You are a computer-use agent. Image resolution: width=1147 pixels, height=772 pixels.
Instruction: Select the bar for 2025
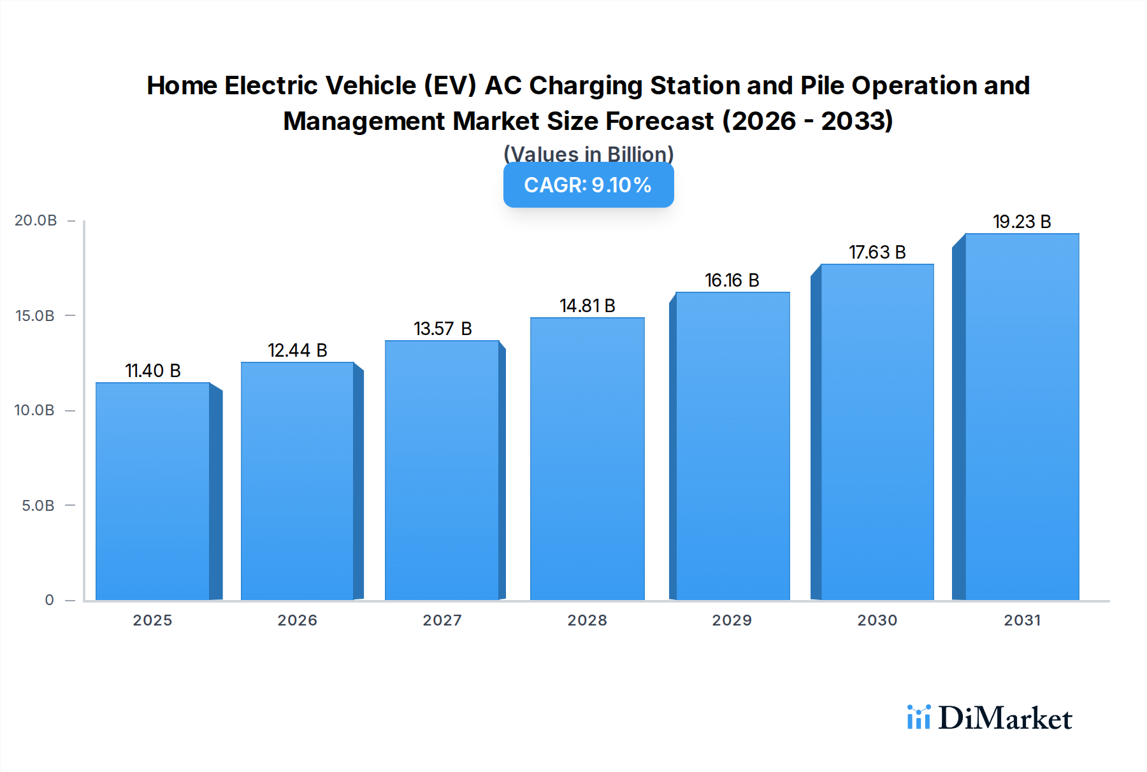pyautogui.click(x=153, y=490)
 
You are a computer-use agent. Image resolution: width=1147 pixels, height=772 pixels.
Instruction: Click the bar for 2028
pyautogui.click(x=587, y=459)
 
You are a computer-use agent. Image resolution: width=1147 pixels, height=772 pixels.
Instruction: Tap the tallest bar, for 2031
pyautogui.click(x=1021, y=417)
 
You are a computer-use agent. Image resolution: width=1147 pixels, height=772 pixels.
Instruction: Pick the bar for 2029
pyautogui.click(x=732, y=446)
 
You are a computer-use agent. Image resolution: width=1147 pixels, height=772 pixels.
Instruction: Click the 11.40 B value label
pyautogui.click(x=153, y=371)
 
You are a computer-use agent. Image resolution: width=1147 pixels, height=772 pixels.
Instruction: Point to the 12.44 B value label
pyautogui.click(x=297, y=350)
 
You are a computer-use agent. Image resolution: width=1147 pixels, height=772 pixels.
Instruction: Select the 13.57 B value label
pyautogui.click(x=442, y=329)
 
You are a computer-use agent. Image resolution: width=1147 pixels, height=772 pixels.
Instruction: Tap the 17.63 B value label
pyautogui.click(x=877, y=252)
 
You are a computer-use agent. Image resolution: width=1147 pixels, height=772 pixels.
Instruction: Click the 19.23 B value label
pyautogui.click(x=1021, y=222)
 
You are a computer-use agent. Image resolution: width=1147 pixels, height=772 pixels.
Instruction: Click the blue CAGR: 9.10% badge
pyautogui.click(x=588, y=185)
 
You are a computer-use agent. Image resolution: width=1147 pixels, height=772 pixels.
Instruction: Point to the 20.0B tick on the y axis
pyautogui.click(x=36, y=220)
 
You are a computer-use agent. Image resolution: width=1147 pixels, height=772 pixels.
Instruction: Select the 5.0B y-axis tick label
pyautogui.click(x=38, y=506)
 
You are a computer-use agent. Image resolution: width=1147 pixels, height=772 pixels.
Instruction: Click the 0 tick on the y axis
pyautogui.click(x=49, y=600)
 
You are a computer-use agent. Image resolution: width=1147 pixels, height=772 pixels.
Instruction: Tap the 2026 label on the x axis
pyautogui.click(x=297, y=620)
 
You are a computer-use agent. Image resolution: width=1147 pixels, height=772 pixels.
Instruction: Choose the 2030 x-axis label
pyautogui.click(x=877, y=620)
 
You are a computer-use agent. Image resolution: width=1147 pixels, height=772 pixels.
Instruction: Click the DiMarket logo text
pyautogui.click(x=1004, y=718)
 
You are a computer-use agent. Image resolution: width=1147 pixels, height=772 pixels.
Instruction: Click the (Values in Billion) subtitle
pyautogui.click(x=588, y=154)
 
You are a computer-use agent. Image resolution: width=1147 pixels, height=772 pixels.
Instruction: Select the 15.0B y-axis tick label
pyautogui.click(x=35, y=316)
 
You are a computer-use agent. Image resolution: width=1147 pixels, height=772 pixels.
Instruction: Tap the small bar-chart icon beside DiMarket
pyautogui.click(x=918, y=717)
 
